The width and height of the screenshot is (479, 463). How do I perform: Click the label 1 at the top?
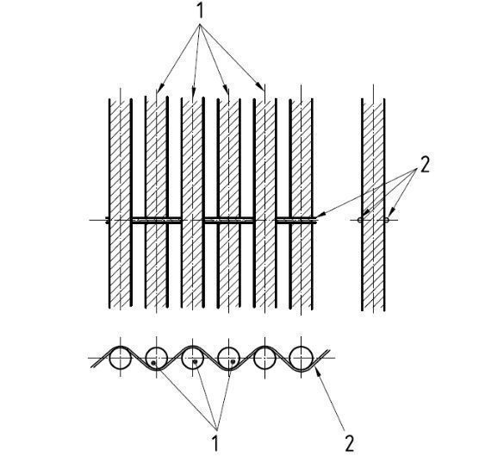click(200, 11)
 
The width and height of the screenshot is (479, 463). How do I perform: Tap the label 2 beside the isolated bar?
click(425, 164)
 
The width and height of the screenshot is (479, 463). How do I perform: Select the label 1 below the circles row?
click(216, 442)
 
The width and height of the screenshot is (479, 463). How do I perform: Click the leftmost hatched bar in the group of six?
click(121, 203)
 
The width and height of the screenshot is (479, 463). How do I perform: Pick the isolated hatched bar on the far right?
click(373, 204)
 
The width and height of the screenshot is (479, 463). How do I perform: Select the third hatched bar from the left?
click(192, 203)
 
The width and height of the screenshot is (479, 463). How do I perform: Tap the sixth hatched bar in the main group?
click(302, 203)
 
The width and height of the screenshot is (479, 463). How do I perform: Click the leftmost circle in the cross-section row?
click(121, 358)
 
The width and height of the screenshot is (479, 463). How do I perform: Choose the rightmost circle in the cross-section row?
click(302, 358)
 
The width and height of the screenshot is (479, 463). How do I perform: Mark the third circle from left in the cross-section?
click(192, 358)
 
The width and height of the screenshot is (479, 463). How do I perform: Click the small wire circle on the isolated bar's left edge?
click(360, 220)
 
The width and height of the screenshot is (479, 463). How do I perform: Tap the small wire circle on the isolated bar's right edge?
click(387, 220)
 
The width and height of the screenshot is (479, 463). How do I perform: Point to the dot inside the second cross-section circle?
click(153, 363)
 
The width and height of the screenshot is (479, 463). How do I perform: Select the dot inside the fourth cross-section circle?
click(233, 362)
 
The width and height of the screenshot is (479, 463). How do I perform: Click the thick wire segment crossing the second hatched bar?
click(157, 221)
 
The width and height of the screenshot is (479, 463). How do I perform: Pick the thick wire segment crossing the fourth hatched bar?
click(229, 221)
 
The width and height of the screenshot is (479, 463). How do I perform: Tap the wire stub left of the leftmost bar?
click(107, 220)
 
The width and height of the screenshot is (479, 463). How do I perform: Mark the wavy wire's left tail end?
click(91, 367)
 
